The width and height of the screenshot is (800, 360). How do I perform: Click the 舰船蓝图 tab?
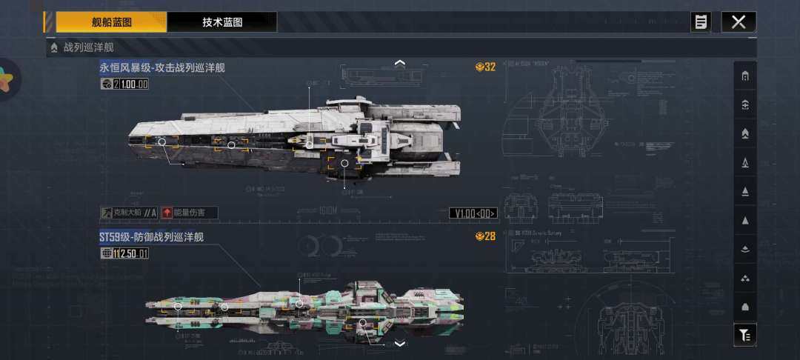click(x=111, y=22)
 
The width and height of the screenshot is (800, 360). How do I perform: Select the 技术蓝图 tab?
click(x=222, y=22)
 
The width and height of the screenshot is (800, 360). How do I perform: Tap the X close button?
click(x=739, y=22)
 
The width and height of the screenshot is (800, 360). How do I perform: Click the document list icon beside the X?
click(x=700, y=22)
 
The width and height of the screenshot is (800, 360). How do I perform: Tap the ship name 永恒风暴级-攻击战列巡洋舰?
click(x=162, y=68)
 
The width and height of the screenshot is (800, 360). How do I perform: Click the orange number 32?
click(x=486, y=67)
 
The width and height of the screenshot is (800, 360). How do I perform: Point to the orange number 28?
click(x=486, y=236)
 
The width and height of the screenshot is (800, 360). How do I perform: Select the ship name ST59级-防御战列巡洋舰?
click(x=151, y=237)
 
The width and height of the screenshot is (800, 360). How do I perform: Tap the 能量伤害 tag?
click(x=190, y=213)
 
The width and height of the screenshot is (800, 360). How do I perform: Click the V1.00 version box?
click(x=473, y=213)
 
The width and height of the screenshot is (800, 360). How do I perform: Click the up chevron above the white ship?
click(x=400, y=63)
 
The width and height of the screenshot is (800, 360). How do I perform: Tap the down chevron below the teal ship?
click(x=400, y=344)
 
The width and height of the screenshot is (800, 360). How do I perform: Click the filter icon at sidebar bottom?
click(x=744, y=336)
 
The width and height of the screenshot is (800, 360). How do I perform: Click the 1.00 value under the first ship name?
click(x=134, y=84)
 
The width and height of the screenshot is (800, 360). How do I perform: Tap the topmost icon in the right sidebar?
click(x=744, y=76)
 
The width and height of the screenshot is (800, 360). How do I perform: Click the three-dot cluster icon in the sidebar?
click(x=744, y=278)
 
